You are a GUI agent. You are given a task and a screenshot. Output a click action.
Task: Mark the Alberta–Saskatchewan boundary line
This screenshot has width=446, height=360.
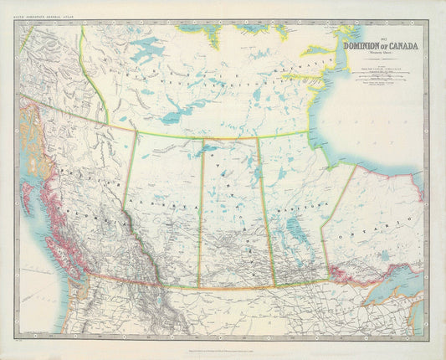(x=200, y=218)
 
